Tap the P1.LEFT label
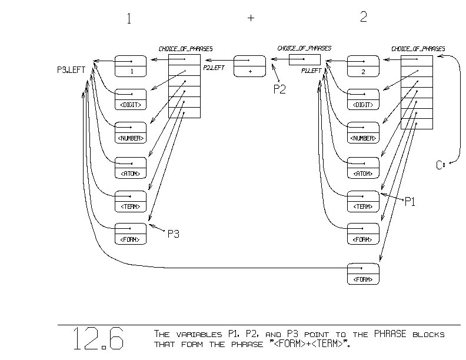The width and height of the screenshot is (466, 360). click(x=311, y=71)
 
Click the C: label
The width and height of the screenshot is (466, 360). click(x=440, y=165)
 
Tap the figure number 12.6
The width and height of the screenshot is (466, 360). click(x=98, y=339)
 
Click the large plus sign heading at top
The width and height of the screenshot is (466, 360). click(x=251, y=18)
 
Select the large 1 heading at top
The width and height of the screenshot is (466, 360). click(x=129, y=18)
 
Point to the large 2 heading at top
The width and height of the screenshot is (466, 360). click(x=363, y=17)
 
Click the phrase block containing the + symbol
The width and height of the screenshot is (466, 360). click(x=250, y=65)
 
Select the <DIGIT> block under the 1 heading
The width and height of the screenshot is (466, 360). click(x=130, y=99)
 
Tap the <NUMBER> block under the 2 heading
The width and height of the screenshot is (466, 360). click(x=363, y=132)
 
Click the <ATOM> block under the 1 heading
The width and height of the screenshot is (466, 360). click(x=130, y=167)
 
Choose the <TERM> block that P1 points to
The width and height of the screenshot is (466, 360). click(x=363, y=201)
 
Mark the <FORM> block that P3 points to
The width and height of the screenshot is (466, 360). click(x=130, y=234)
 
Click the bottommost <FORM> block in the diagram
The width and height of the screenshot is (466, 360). click(x=363, y=274)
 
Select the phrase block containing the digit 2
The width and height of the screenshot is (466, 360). click(x=363, y=65)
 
